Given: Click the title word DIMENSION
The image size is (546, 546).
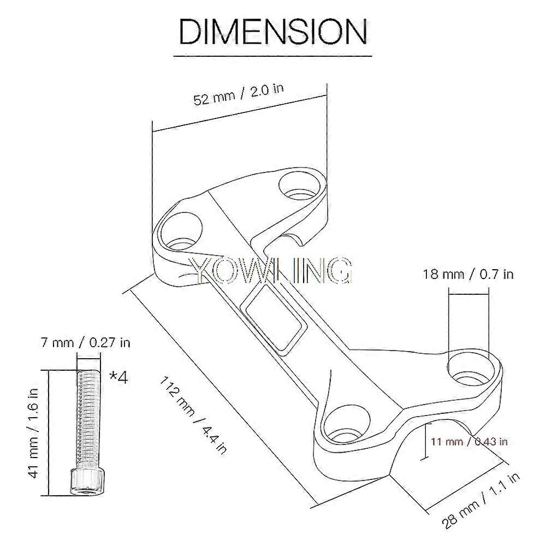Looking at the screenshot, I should coord(273,31).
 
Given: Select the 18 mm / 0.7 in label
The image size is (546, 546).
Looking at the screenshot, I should coord(468,274).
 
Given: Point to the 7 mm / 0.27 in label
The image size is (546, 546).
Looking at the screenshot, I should coord(86,343).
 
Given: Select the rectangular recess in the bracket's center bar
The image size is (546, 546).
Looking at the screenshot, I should coord(276,319).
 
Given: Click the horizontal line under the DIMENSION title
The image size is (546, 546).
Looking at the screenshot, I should coord(273,56).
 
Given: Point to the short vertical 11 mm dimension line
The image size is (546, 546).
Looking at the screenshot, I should coord(425,441).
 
